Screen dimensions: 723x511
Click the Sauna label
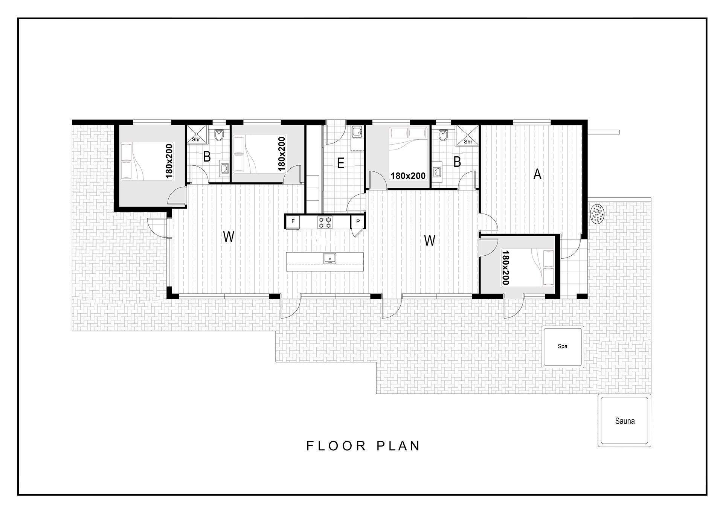[625, 421]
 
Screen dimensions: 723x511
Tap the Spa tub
[563, 346]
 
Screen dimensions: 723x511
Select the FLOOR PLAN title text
[363, 446]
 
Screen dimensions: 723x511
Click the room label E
[341, 163]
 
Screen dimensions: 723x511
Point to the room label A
[537, 174]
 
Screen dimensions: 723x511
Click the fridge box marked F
[293, 221]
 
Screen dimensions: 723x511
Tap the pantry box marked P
[358, 221]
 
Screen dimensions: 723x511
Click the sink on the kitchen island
[330, 258]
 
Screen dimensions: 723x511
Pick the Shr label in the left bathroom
[196, 140]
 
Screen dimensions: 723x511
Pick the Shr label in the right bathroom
[468, 142]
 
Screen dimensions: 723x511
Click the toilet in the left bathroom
[219, 135]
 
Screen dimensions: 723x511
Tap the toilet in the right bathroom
[443, 135]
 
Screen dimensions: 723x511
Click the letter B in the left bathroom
[207, 156]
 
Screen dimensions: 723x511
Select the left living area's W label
[229, 236]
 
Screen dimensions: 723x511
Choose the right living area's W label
[430, 240]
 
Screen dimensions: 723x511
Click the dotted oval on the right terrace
[597, 214]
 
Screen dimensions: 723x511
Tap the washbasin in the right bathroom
[437, 172]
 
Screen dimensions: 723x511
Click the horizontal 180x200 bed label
[408, 176]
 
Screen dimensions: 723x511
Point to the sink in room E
[356, 132]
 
